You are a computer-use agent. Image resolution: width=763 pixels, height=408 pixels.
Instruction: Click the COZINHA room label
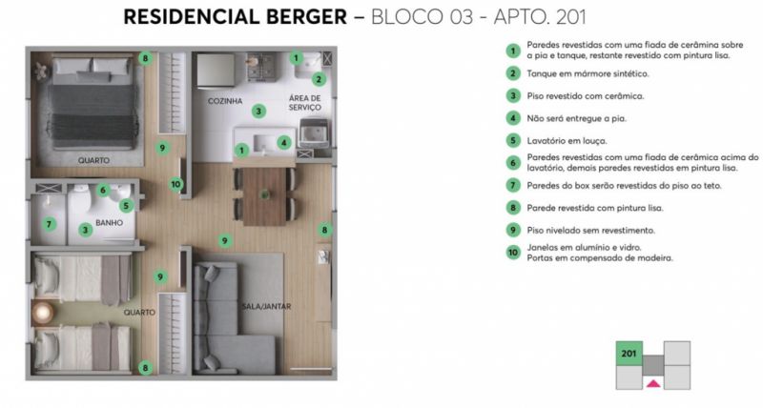click(x=225, y=101)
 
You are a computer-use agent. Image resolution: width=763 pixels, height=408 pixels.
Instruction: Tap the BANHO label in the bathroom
click(x=109, y=223)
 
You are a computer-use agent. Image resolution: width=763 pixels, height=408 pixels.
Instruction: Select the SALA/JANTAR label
click(x=266, y=306)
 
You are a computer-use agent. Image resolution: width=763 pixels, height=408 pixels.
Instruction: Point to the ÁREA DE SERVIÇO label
click(x=304, y=103)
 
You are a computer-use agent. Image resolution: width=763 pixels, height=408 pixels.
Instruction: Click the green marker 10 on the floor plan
click(x=175, y=184)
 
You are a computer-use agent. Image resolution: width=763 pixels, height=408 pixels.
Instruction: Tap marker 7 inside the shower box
click(x=49, y=224)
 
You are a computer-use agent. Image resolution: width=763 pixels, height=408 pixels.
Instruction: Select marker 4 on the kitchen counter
click(x=283, y=142)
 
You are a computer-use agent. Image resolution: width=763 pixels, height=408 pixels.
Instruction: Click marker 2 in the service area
click(x=319, y=79)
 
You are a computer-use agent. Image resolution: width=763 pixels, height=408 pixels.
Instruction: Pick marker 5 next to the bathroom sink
click(x=126, y=206)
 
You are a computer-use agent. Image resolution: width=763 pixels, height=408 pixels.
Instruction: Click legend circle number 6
click(x=513, y=163)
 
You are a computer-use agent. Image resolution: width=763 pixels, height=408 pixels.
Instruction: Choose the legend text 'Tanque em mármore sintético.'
click(x=588, y=74)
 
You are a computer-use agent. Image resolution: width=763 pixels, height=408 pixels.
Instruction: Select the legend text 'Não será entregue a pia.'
click(x=577, y=118)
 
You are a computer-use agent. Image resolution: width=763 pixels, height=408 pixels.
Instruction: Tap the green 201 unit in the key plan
click(x=629, y=354)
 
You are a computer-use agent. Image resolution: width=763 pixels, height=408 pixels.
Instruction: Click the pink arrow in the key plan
click(x=653, y=383)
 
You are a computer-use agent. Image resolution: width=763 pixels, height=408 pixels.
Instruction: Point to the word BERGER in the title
click(x=306, y=17)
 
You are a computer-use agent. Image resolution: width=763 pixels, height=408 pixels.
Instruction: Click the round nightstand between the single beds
click(x=43, y=313)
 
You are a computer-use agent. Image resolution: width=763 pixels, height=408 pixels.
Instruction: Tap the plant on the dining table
click(x=265, y=194)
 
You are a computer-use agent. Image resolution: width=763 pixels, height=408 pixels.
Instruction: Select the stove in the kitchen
click(x=260, y=66)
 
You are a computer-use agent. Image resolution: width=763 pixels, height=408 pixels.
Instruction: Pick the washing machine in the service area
click(x=314, y=133)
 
